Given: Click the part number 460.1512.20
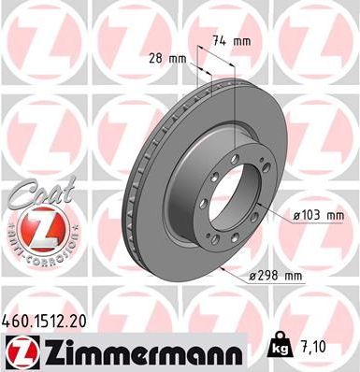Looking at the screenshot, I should click(48, 322).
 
